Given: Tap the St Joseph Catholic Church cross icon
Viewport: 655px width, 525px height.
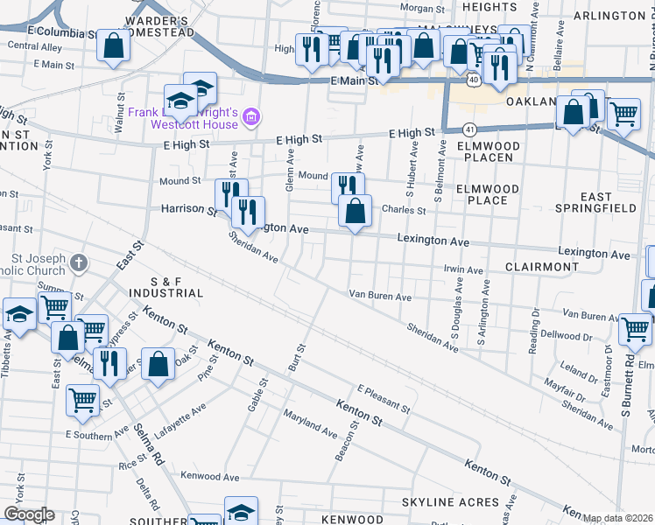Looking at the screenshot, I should [x=79, y=262].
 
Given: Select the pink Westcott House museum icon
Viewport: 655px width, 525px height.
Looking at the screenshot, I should [x=251, y=115].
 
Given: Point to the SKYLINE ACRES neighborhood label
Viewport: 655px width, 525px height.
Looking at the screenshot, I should [x=449, y=503].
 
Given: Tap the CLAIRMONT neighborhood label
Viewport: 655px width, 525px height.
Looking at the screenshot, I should [x=541, y=266].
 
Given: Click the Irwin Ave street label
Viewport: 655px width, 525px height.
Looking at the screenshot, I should [x=463, y=270].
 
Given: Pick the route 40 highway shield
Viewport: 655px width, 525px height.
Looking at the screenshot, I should [x=473, y=80].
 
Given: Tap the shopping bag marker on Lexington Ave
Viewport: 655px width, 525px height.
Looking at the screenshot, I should [x=355, y=211].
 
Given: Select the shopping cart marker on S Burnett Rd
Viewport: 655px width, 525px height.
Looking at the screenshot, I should [x=635, y=328].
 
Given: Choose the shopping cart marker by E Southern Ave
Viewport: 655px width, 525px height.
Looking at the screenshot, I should [x=83, y=399].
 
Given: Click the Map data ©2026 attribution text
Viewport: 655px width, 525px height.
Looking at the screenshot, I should [x=618, y=518].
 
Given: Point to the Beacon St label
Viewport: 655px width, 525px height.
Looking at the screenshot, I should [x=347, y=444].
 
